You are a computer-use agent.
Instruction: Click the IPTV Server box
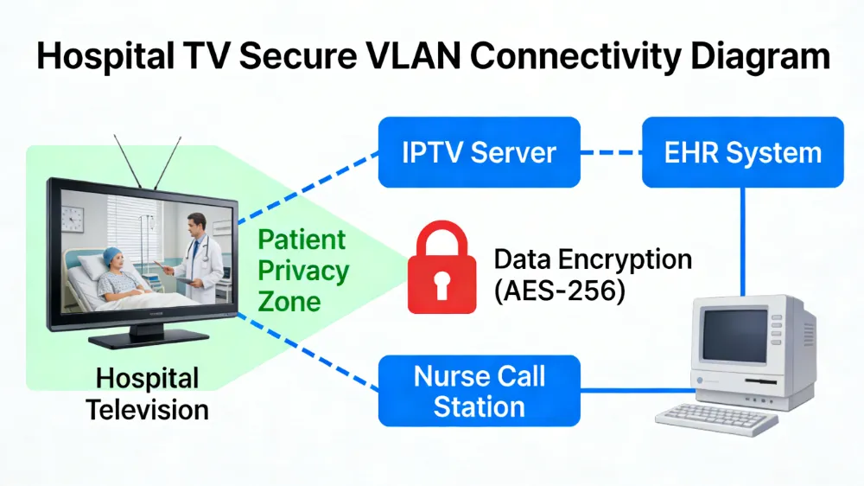click(479, 152)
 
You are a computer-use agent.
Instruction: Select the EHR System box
click(742, 152)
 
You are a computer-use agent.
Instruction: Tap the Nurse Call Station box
click(480, 392)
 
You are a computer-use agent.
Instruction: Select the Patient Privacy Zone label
click(302, 270)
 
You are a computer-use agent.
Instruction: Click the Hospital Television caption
click(147, 393)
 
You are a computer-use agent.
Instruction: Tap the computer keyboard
click(716, 419)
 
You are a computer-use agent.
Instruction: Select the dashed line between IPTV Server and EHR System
click(610, 153)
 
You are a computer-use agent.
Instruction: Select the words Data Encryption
click(592, 259)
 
